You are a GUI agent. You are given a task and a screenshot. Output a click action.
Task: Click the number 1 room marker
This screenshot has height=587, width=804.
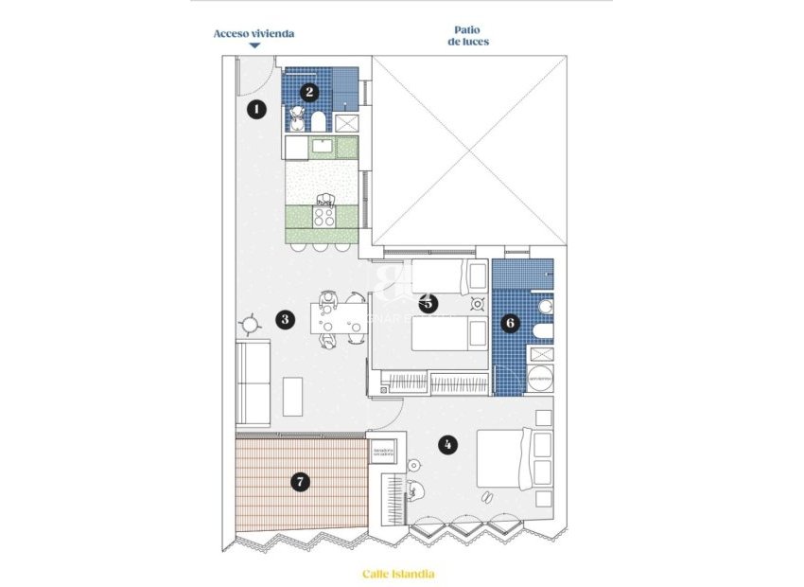(254, 110)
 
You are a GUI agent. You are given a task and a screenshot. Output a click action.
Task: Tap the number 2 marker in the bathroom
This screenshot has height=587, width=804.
(309, 92)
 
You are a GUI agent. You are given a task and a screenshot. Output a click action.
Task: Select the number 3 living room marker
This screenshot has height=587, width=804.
(285, 319)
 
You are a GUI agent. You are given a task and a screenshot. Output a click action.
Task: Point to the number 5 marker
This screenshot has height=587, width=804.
(428, 304)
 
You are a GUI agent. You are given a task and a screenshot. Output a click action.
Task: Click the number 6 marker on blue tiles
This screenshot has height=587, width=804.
(511, 323)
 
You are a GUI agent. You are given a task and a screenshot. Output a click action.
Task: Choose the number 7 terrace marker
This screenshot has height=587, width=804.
(300, 482)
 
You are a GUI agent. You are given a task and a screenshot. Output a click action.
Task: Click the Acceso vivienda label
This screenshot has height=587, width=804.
(253, 33)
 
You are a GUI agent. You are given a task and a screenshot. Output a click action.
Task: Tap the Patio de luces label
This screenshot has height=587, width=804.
(470, 36)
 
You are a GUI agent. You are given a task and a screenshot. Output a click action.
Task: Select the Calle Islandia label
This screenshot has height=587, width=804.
(398, 574)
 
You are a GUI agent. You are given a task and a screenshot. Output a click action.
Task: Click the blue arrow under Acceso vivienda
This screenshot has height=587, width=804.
(254, 45)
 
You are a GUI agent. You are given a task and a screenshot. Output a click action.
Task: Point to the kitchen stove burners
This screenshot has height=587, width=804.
(324, 217)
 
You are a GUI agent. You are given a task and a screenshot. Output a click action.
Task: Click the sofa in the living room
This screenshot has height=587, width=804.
(253, 383)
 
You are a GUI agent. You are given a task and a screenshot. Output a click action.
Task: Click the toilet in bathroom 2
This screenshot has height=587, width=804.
(320, 121)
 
